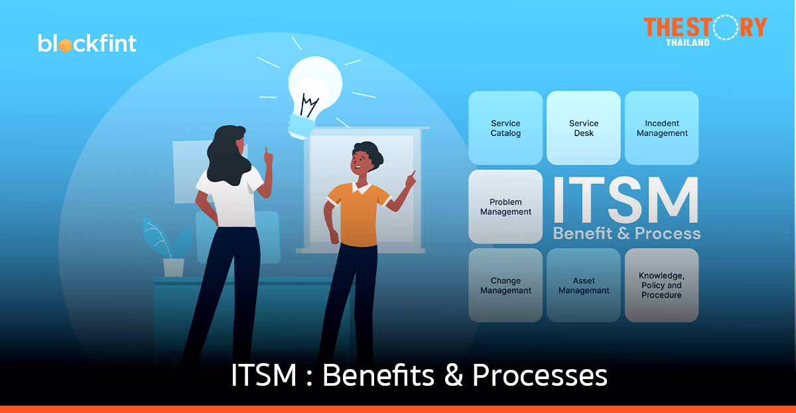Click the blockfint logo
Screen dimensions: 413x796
(x=87, y=43)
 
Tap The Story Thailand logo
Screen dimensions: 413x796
(x=704, y=30)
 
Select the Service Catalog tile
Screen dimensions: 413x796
(x=505, y=128)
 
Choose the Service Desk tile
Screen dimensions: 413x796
(x=584, y=128)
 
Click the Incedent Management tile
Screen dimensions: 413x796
(x=662, y=128)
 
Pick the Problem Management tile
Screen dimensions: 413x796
(x=505, y=206)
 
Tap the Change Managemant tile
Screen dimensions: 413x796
(x=505, y=286)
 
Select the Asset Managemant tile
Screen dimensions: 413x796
(x=584, y=286)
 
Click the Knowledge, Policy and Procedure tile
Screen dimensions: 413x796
(x=662, y=286)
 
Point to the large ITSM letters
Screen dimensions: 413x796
(x=626, y=200)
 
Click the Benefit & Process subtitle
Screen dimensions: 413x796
(x=626, y=233)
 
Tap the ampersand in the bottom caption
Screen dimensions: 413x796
(x=452, y=376)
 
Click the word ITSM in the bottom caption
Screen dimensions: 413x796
(x=263, y=376)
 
